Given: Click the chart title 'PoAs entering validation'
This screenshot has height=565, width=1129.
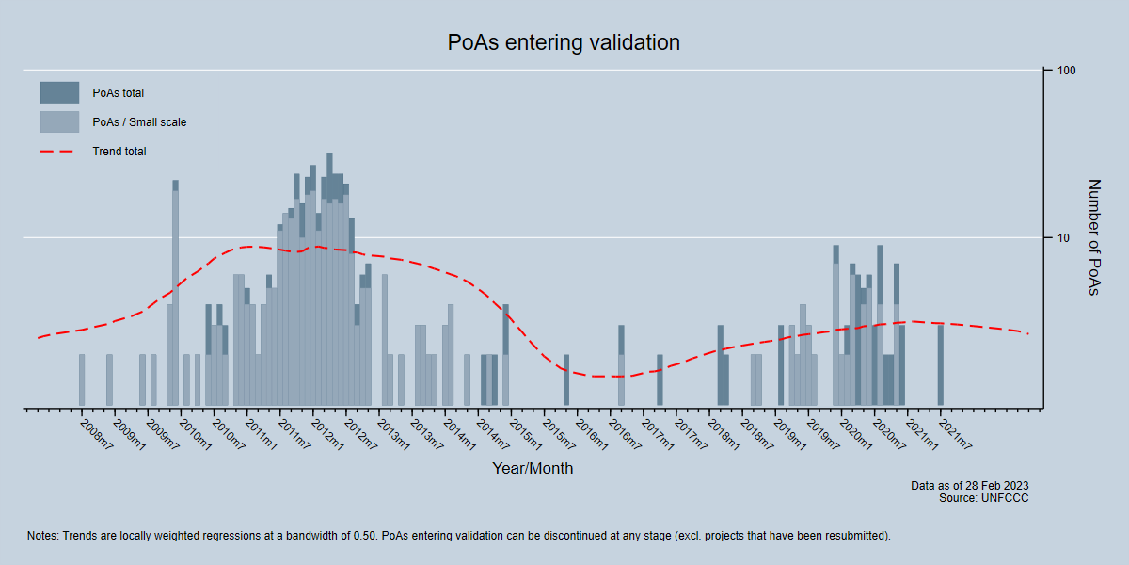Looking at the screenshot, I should pyautogui.click(x=564, y=42).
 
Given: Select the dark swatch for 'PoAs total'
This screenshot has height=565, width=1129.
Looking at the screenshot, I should pyautogui.click(x=59, y=92).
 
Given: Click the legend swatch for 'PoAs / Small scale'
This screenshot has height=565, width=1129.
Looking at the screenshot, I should pyautogui.click(x=59, y=121).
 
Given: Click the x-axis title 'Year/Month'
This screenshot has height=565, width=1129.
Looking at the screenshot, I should pyautogui.click(x=533, y=468).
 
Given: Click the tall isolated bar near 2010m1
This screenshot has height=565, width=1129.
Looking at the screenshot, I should pyautogui.click(x=175, y=292).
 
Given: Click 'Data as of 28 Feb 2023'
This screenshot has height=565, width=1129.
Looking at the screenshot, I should pyautogui.click(x=969, y=486).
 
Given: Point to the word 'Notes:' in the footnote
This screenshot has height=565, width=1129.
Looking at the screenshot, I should pyautogui.click(x=43, y=536).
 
